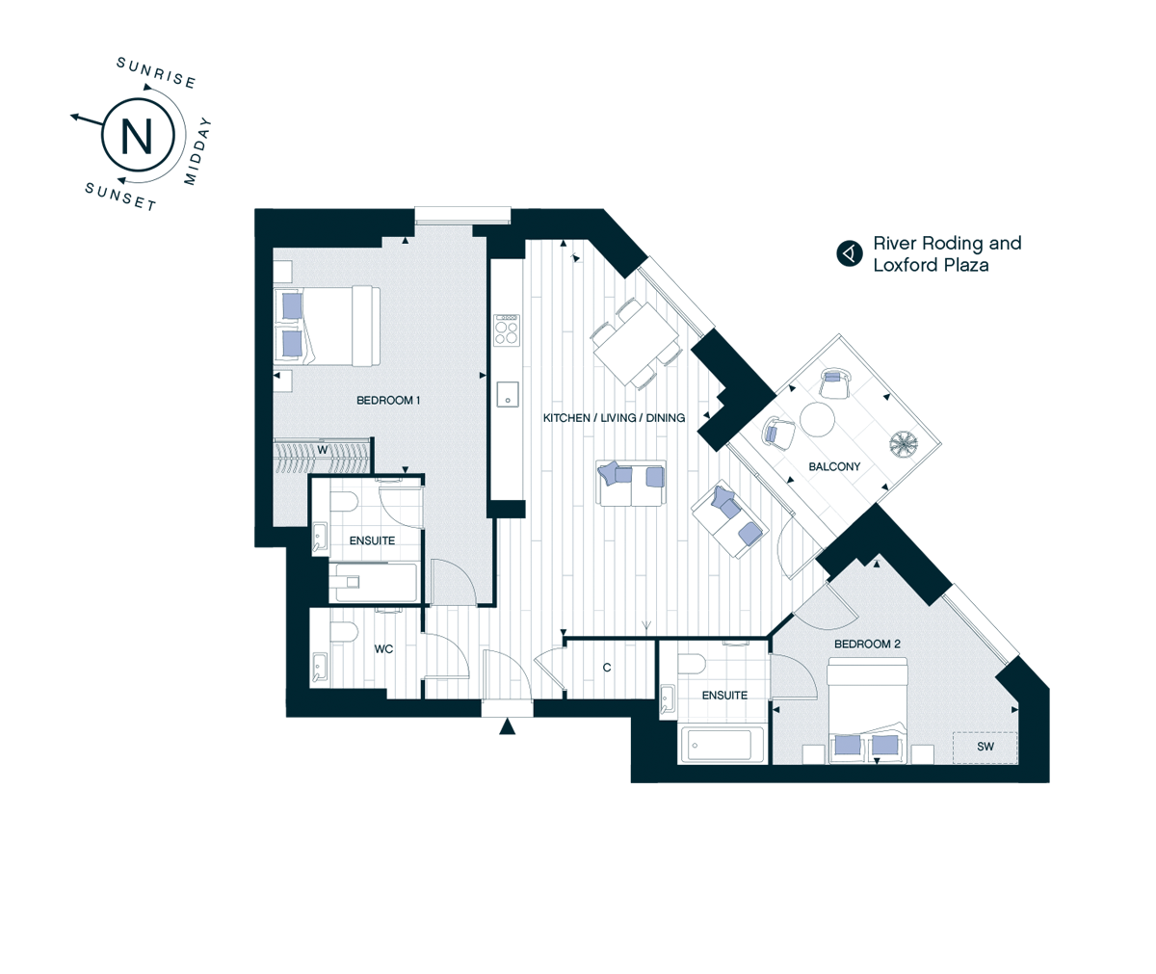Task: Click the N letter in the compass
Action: [x=137, y=136]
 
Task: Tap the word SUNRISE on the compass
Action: [x=156, y=73]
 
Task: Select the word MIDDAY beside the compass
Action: [x=197, y=151]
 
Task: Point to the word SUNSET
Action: [x=120, y=197]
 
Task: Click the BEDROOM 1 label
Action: [x=388, y=401]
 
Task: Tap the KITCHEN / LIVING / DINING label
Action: [x=614, y=418]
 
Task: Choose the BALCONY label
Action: [x=834, y=467]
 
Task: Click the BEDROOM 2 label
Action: [x=867, y=644]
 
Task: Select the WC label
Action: [x=383, y=649]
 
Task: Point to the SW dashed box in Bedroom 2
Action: [x=985, y=748]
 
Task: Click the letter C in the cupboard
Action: [x=607, y=668]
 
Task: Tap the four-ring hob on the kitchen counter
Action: [x=506, y=330]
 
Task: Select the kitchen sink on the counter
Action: [x=507, y=394]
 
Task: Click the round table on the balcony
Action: [x=817, y=420]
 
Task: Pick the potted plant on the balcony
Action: [x=904, y=444]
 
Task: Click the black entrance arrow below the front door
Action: [x=507, y=726]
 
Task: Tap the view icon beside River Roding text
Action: [x=850, y=253]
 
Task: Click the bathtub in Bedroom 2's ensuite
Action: [x=721, y=745]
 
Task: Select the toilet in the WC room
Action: [x=344, y=631]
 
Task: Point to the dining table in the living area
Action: [x=636, y=343]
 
